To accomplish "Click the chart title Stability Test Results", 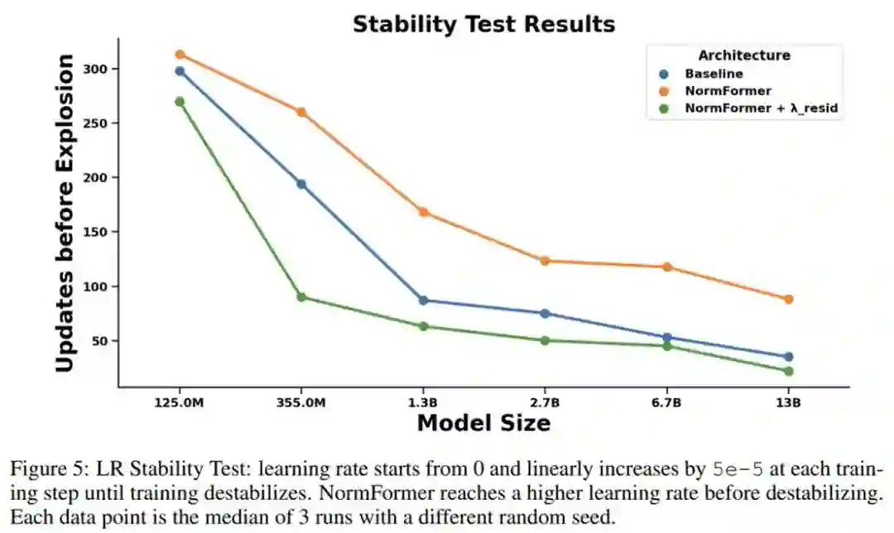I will point(483,24).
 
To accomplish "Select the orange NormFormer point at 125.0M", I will point(180,55).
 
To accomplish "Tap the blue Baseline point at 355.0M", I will point(301,184).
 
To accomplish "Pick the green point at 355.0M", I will point(301,296).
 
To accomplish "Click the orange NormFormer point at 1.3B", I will point(423,212).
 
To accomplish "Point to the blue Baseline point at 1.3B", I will point(423,300).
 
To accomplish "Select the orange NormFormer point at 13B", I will point(788,299).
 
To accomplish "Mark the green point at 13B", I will point(788,371).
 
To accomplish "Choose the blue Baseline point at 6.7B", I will point(666,338).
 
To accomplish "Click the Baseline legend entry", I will point(714,73).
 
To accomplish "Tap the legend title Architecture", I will point(743,55).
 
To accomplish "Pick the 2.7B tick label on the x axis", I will point(545,402).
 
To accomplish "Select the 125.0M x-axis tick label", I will point(180,402).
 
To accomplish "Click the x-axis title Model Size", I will point(483,424).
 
